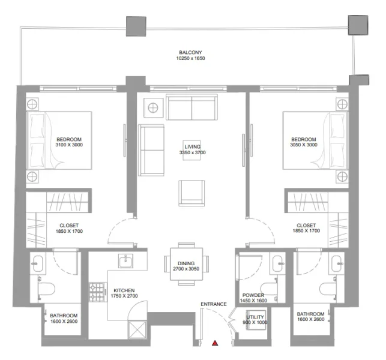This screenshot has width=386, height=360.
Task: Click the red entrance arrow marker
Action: (x=215, y=343)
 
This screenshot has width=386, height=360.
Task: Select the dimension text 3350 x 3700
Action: (x=192, y=153)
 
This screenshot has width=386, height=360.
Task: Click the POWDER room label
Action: (x=253, y=295)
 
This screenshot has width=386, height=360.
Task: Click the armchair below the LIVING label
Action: (x=191, y=193)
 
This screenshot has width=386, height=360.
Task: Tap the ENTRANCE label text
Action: (x=214, y=304)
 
